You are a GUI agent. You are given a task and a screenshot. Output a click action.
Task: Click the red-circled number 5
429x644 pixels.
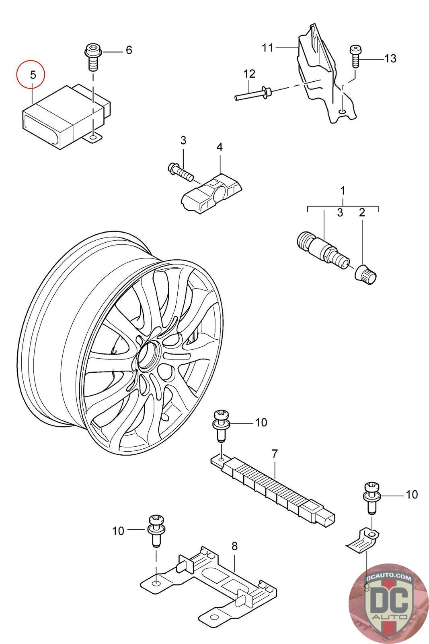tap(33, 75)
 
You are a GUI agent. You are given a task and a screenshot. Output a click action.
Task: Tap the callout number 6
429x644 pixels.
tap(129, 50)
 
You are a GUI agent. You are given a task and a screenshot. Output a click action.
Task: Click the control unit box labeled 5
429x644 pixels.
tap(66, 116)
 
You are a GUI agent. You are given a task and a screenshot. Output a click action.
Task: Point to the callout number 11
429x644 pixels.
tap(267, 48)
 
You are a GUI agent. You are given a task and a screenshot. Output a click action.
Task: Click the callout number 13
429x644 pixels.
tap(390, 58)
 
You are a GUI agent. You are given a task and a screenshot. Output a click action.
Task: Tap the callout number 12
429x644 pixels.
tap(249, 74)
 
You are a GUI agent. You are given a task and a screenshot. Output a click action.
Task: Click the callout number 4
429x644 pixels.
tap(220, 147)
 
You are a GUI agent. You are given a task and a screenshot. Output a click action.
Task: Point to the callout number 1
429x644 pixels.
tap(343, 191)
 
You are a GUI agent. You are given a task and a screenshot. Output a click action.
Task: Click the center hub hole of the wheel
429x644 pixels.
tap(148, 357)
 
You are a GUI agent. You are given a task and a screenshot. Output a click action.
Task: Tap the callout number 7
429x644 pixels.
tap(275, 454)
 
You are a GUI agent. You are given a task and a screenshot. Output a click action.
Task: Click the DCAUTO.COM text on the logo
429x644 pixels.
tap(388, 577)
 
